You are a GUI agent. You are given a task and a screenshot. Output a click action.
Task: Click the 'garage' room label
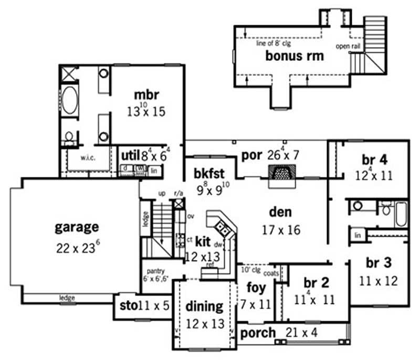click(77, 227)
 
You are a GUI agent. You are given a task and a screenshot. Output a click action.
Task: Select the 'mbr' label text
click(146, 95)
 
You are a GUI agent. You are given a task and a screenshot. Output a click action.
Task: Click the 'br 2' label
click(316, 283)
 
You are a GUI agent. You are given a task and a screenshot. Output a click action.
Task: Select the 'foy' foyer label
click(257, 288)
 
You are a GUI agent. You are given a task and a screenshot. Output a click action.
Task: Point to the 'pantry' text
click(156, 271)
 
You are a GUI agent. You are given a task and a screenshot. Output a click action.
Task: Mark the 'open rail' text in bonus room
click(347, 46)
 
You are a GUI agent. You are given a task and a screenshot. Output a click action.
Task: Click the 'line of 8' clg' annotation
click(273, 44)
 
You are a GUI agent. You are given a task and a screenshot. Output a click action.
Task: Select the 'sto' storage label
click(125, 305)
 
